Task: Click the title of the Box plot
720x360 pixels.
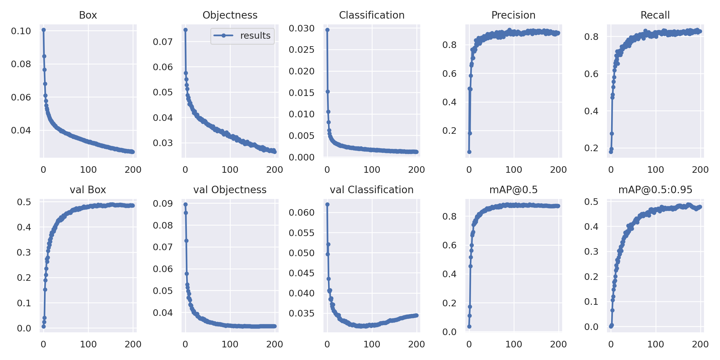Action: [x=88, y=15]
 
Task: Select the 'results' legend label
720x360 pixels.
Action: [x=255, y=36]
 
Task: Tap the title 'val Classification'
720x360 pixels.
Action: [x=372, y=190]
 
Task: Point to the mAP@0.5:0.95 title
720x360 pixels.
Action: [x=655, y=190]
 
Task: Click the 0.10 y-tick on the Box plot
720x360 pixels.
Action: [x=21, y=31]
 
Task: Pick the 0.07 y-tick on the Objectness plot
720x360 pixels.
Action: [x=163, y=42]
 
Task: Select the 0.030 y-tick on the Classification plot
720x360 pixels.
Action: [x=301, y=28]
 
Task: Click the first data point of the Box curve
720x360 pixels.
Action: [x=44, y=30]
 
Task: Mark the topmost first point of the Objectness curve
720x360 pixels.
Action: [x=185, y=30]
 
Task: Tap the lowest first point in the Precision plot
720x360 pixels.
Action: [x=469, y=152]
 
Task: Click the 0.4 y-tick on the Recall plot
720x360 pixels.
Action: [x=591, y=111]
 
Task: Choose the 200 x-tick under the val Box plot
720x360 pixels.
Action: [x=133, y=344]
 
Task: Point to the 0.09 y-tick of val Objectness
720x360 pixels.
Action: [x=163, y=204]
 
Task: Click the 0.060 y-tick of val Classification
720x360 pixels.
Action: [x=301, y=212]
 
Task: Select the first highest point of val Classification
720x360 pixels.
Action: [x=327, y=204]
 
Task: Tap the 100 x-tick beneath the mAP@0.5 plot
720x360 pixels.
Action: [x=514, y=344]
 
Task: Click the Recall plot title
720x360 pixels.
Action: [x=655, y=15]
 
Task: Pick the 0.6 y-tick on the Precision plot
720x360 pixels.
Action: [x=449, y=73]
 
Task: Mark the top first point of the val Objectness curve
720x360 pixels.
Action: [x=185, y=204]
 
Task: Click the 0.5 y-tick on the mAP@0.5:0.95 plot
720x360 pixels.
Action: [x=591, y=202]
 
